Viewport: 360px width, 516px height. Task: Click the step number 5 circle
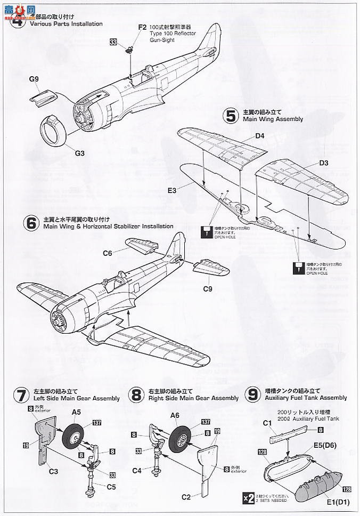point(231,116)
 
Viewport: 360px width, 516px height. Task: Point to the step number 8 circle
point(137,396)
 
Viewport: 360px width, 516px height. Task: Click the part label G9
point(35,79)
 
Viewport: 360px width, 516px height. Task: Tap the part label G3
point(80,153)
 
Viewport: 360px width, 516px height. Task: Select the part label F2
point(142,27)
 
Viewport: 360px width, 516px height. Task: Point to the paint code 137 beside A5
point(96,423)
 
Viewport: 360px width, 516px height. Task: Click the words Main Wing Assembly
point(273,119)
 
